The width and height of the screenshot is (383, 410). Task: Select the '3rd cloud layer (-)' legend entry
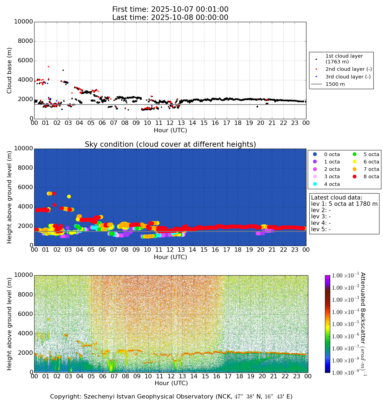[348, 77]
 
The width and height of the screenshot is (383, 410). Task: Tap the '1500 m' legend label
[335, 84]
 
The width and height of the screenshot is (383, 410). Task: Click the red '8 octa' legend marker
[355, 177]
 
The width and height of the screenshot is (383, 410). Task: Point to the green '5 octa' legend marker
[355, 154]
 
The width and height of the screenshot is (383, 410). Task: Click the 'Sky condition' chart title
[170, 144]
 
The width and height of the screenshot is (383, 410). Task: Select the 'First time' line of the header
[170, 10]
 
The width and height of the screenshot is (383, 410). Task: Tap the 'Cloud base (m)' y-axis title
[10, 70]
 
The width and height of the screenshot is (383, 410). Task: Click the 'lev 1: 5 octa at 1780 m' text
[344, 204]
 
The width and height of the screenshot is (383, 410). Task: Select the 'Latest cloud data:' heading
[336, 198]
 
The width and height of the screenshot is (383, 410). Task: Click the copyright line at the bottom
[171, 397]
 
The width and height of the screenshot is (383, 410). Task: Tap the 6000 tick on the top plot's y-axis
[25, 61]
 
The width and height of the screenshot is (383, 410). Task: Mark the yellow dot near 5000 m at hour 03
[69, 197]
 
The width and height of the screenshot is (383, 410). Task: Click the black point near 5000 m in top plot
[63, 70]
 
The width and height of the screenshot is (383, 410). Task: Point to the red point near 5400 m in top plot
[48, 66]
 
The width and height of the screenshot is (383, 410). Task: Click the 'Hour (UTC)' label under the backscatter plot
[171, 383]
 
